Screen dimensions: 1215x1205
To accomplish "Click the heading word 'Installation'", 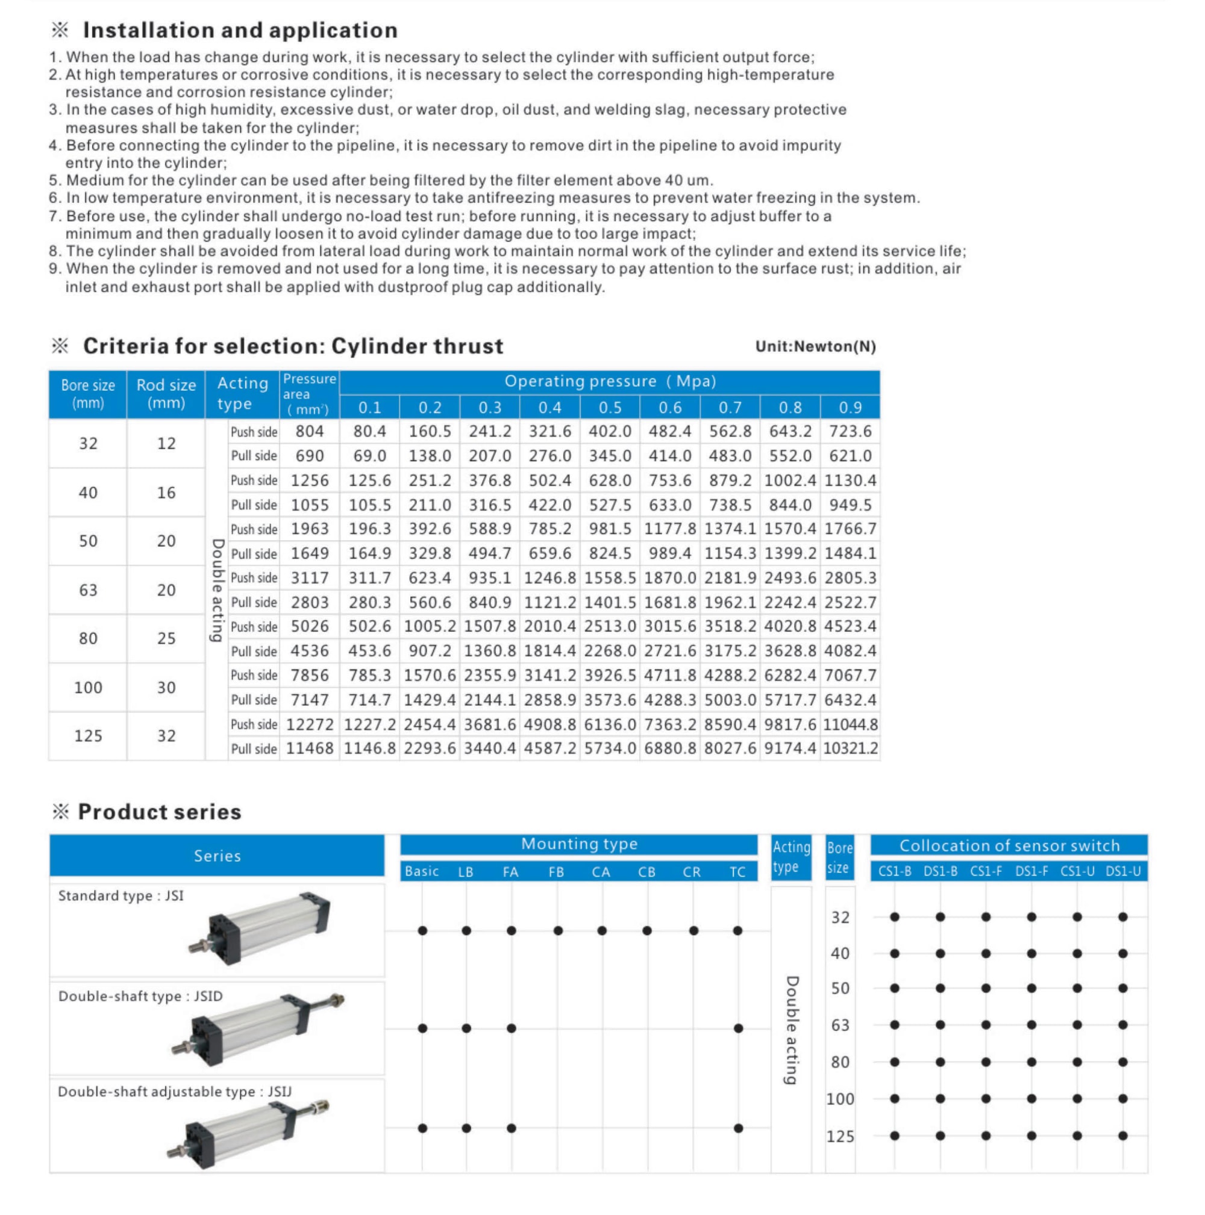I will pyautogui.click(x=144, y=30).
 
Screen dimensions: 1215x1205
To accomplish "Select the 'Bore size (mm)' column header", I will pyautogui.click(x=88, y=394).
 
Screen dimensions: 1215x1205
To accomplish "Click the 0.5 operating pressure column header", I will pyautogui.click(x=610, y=408).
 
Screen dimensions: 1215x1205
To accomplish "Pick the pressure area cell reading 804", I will pyautogui.click(x=310, y=432).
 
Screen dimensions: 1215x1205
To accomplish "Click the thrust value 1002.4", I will pyautogui.click(x=790, y=480).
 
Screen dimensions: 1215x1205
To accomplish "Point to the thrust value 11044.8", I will pyautogui.click(x=850, y=724).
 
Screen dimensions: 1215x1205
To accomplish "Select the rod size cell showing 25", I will pyautogui.click(x=166, y=638).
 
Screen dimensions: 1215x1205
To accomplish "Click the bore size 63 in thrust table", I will pyautogui.click(x=88, y=590).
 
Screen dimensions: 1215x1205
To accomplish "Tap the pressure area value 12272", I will pyautogui.click(x=310, y=724).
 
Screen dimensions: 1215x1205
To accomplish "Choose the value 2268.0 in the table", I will pyautogui.click(x=610, y=651).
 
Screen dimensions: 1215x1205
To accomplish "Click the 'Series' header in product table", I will pyautogui.click(x=217, y=856).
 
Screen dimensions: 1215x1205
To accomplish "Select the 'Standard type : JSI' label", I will pyautogui.click(x=121, y=895).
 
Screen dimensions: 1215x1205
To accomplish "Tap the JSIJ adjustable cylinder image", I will pyautogui.click(x=249, y=1132).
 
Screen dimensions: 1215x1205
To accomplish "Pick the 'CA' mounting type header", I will pyautogui.click(x=601, y=872).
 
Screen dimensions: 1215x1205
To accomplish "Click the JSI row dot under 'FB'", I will pyautogui.click(x=558, y=931).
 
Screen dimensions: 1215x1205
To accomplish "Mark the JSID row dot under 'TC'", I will pyautogui.click(x=738, y=1028).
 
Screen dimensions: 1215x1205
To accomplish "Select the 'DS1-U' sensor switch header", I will pyautogui.click(x=1123, y=872).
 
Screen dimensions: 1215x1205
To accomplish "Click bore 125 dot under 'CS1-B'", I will pyautogui.click(x=895, y=1136).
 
